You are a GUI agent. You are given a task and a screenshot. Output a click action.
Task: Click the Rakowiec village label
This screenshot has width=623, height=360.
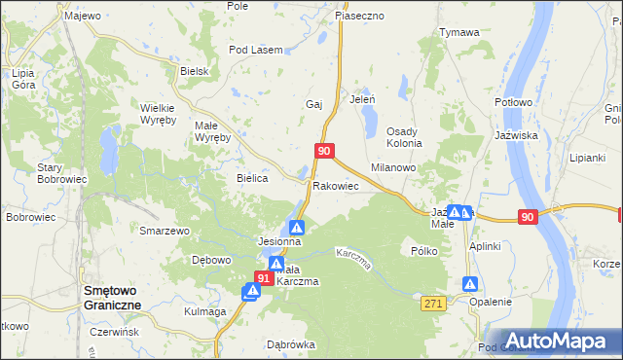point(336,185)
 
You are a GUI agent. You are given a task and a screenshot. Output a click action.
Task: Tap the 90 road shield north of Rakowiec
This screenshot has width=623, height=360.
point(325,151)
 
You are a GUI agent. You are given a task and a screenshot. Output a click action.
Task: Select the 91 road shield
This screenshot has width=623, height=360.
point(263,278)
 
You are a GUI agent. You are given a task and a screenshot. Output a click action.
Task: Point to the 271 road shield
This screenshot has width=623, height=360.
point(433,305)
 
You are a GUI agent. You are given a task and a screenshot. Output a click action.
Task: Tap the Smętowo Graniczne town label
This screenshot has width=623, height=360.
point(113,297)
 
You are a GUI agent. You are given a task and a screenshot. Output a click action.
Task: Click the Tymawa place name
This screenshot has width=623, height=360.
point(459,32)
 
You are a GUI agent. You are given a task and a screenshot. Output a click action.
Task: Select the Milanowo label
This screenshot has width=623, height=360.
point(393,167)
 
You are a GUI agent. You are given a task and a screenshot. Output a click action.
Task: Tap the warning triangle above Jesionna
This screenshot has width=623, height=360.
point(297,227)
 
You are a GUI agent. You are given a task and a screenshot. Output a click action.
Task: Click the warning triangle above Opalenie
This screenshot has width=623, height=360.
point(470,284)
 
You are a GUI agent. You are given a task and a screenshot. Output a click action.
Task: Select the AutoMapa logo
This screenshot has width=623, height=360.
point(559,341)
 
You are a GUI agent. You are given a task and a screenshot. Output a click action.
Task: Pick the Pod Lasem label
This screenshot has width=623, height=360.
point(255,50)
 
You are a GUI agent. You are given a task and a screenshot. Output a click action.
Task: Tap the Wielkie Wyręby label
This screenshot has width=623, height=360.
point(158,114)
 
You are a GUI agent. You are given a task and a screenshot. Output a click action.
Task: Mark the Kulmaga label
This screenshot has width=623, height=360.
point(204,311)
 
